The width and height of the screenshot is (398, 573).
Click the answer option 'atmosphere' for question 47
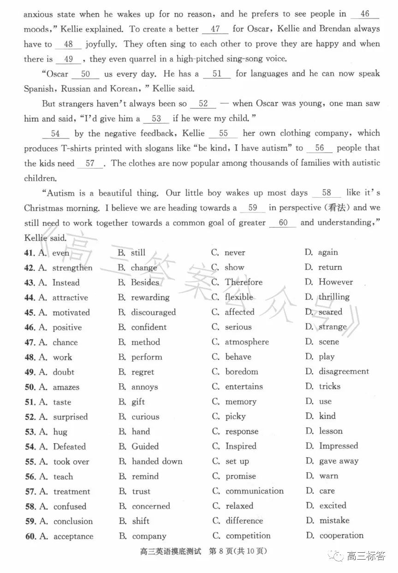246,342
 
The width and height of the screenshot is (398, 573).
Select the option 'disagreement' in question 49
344,372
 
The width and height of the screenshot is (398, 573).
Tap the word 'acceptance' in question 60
73,537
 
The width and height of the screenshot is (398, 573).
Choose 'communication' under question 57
255,491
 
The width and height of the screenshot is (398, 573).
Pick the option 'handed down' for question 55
157,461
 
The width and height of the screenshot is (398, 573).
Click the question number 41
30,253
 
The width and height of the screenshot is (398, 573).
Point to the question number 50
30,387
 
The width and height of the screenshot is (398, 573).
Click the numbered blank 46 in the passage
365,14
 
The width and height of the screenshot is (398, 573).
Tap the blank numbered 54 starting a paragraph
55,134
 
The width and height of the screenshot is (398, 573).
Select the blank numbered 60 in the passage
283,223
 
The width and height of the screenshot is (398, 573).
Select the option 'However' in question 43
335,282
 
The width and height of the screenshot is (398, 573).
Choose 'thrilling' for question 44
334,297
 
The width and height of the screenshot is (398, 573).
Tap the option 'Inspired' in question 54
240,446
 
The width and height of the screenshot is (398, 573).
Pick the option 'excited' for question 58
333,506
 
